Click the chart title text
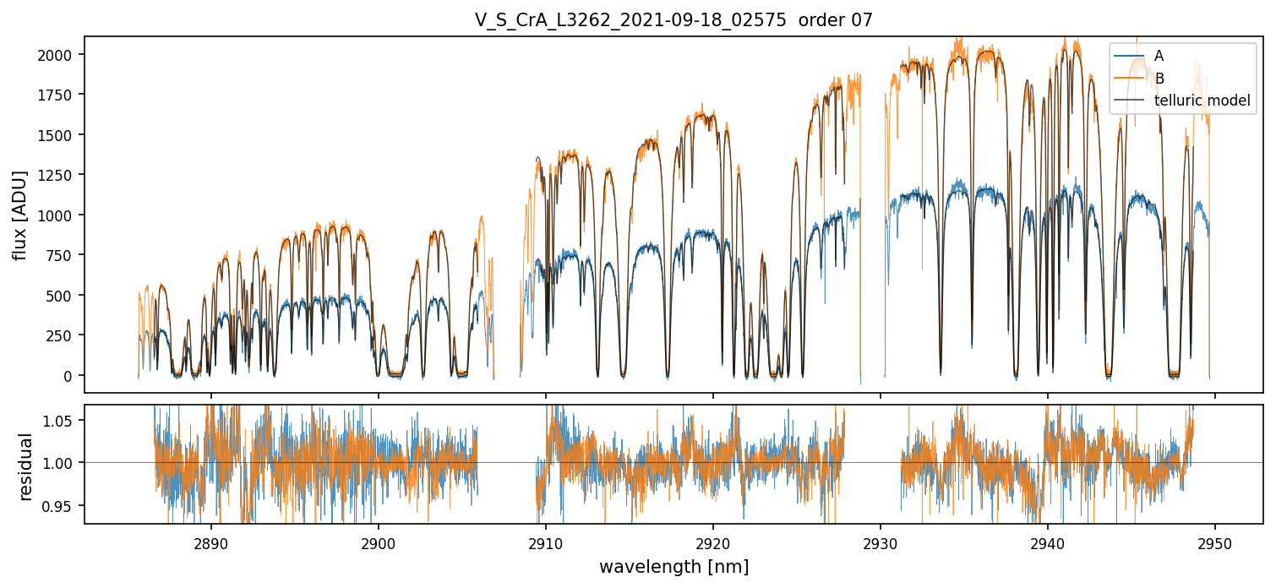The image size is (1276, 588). click(x=673, y=20)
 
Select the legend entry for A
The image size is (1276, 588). click(x=1159, y=56)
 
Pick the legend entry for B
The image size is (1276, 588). click(x=1159, y=79)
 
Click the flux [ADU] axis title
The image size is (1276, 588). click(x=20, y=215)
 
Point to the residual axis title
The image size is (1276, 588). click(x=26, y=465)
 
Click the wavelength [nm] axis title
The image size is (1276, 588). click(x=673, y=566)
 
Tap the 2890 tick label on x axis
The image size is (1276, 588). click(x=210, y=542)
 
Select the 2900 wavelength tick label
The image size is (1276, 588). click(x=378, y=542)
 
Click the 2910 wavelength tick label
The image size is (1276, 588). click(x=546, y=542)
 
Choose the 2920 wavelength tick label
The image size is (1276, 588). click(x=713, y=542)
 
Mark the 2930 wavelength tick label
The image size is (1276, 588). click(x=881, y=542)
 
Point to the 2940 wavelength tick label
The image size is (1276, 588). click(x=1048, y=542)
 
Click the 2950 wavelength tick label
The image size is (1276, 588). click(x=1215, y=542)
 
